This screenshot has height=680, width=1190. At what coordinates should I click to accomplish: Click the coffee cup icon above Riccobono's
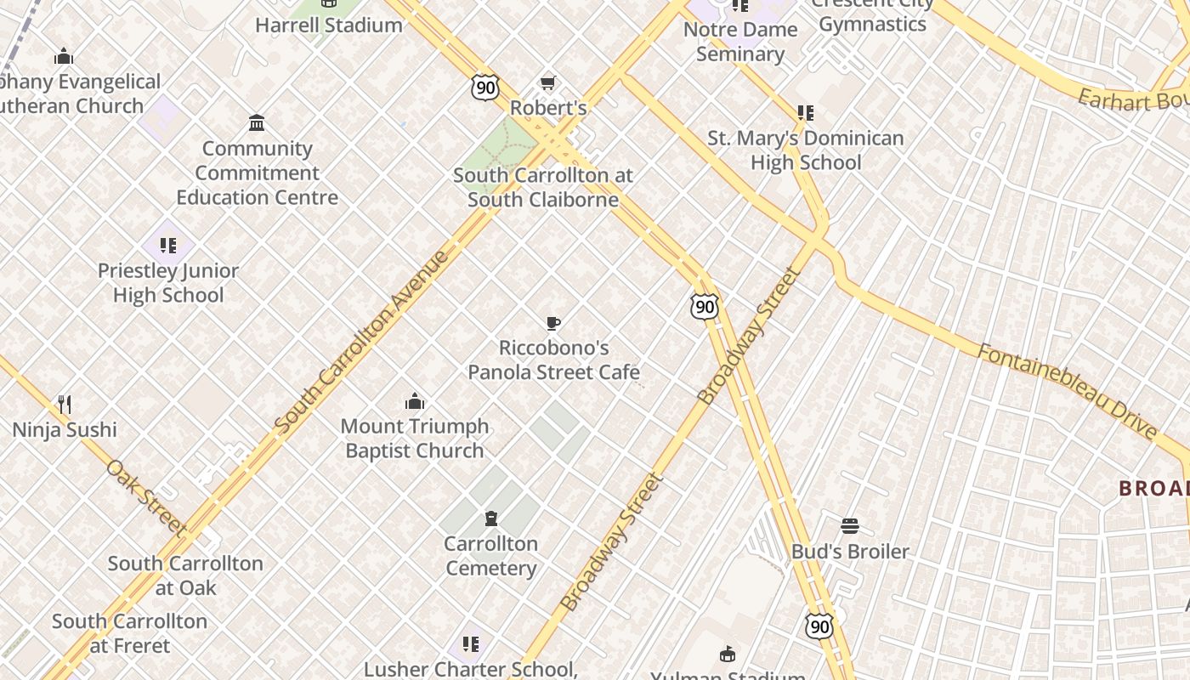tap(552, 323)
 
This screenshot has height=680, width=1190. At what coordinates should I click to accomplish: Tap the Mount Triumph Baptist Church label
tap(415, 438)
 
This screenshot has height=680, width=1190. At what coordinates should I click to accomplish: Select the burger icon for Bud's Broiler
tap(850, 526)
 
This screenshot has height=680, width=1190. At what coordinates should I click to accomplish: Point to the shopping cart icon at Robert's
tap(548, 83)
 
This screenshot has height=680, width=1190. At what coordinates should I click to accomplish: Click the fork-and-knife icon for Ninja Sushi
tap(65, 404)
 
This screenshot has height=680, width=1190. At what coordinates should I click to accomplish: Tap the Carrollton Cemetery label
tap(491, 556)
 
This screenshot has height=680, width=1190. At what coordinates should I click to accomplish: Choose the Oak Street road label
tap(145, 497)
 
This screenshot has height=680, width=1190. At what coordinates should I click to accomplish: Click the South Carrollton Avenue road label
tap(362, 340)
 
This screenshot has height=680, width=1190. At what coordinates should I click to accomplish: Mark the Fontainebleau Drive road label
tap(1066, 390)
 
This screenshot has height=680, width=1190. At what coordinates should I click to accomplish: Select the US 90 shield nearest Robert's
tap(484, 87)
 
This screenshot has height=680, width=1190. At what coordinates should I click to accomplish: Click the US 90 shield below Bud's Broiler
tap(819, 626)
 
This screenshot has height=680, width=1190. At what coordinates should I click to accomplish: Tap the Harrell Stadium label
tap(329, 25)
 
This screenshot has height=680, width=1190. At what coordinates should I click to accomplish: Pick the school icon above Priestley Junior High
tap(168, 246)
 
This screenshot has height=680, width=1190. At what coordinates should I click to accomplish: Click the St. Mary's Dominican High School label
tap(806, 150)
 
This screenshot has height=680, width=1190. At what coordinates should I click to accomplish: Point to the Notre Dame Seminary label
tap(739, 41)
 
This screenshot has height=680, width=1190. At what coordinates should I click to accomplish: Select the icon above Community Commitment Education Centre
tap(257, 123)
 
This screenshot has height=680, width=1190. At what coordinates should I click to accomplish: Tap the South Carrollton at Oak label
tap(185, 575)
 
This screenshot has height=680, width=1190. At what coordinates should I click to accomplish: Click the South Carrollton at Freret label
tap(130, 632)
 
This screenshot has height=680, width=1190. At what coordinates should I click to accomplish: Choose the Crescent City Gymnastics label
tap(872, 15)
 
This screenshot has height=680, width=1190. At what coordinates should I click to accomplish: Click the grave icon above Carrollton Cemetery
tap(490, 518)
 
